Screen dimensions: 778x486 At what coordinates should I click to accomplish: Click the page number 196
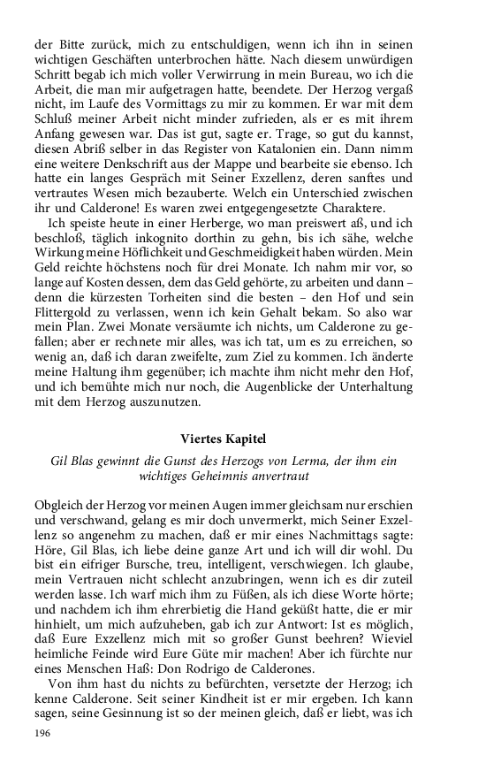[x=42, y=732]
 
